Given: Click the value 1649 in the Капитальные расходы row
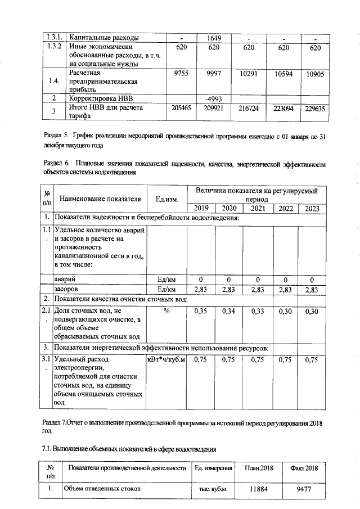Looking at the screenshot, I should coord(213,38).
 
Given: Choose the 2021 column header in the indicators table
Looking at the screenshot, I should coord(258,209).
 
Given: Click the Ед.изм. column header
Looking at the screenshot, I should coord(167,199).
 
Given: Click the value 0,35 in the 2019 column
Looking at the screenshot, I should coord(201,310).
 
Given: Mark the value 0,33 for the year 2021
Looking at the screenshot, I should coord(258,310).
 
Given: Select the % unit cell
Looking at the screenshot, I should coord(167,310).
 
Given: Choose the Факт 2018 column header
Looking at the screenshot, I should coord(304,469).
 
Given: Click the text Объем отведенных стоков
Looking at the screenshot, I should coord(102,489).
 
